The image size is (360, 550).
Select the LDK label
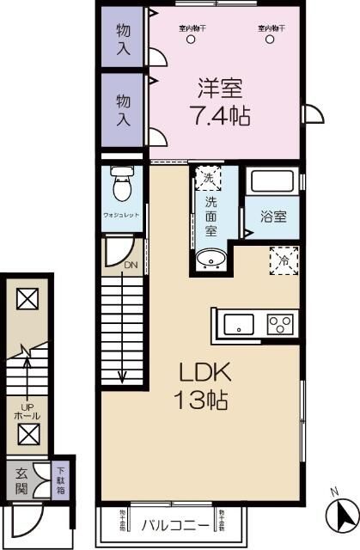click(x=203, y=373)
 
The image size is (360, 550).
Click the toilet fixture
click(x=120, y=184)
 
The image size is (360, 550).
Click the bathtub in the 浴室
click(x=272, y=182)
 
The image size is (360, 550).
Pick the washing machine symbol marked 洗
click(x=207, y=180)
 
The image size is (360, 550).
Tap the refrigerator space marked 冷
click(x=284, y=259)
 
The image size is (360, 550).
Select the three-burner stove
click(x=281, y=324)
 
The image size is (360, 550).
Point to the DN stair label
click(x=130, y=266)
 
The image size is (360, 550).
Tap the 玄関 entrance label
click(x=21, y=482)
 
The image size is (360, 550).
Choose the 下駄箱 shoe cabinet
click(x=60, y=482)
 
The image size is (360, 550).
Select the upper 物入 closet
click(x=123, y=37)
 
